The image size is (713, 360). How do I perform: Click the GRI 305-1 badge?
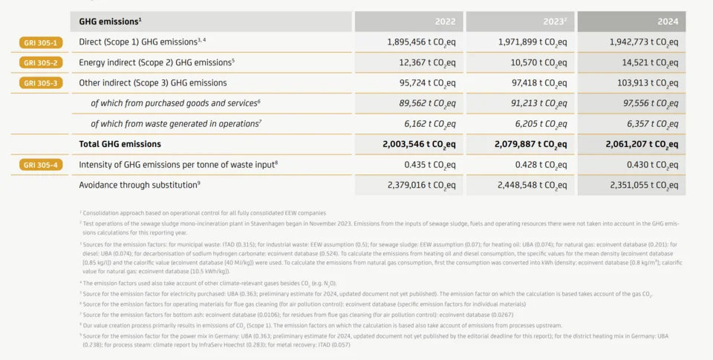(40, 42)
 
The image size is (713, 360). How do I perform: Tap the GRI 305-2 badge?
(40, 62)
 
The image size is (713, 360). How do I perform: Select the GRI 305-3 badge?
(40, 83)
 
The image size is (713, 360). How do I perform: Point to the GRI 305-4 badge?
(40, 164)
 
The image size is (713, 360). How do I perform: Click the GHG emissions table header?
(110, 22)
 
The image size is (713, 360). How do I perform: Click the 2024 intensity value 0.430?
(647, 164)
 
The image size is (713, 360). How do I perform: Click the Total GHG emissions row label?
(120, 144)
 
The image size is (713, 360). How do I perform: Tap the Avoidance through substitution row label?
(138, 184)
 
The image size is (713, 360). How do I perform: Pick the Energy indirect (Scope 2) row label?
(155, 62)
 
